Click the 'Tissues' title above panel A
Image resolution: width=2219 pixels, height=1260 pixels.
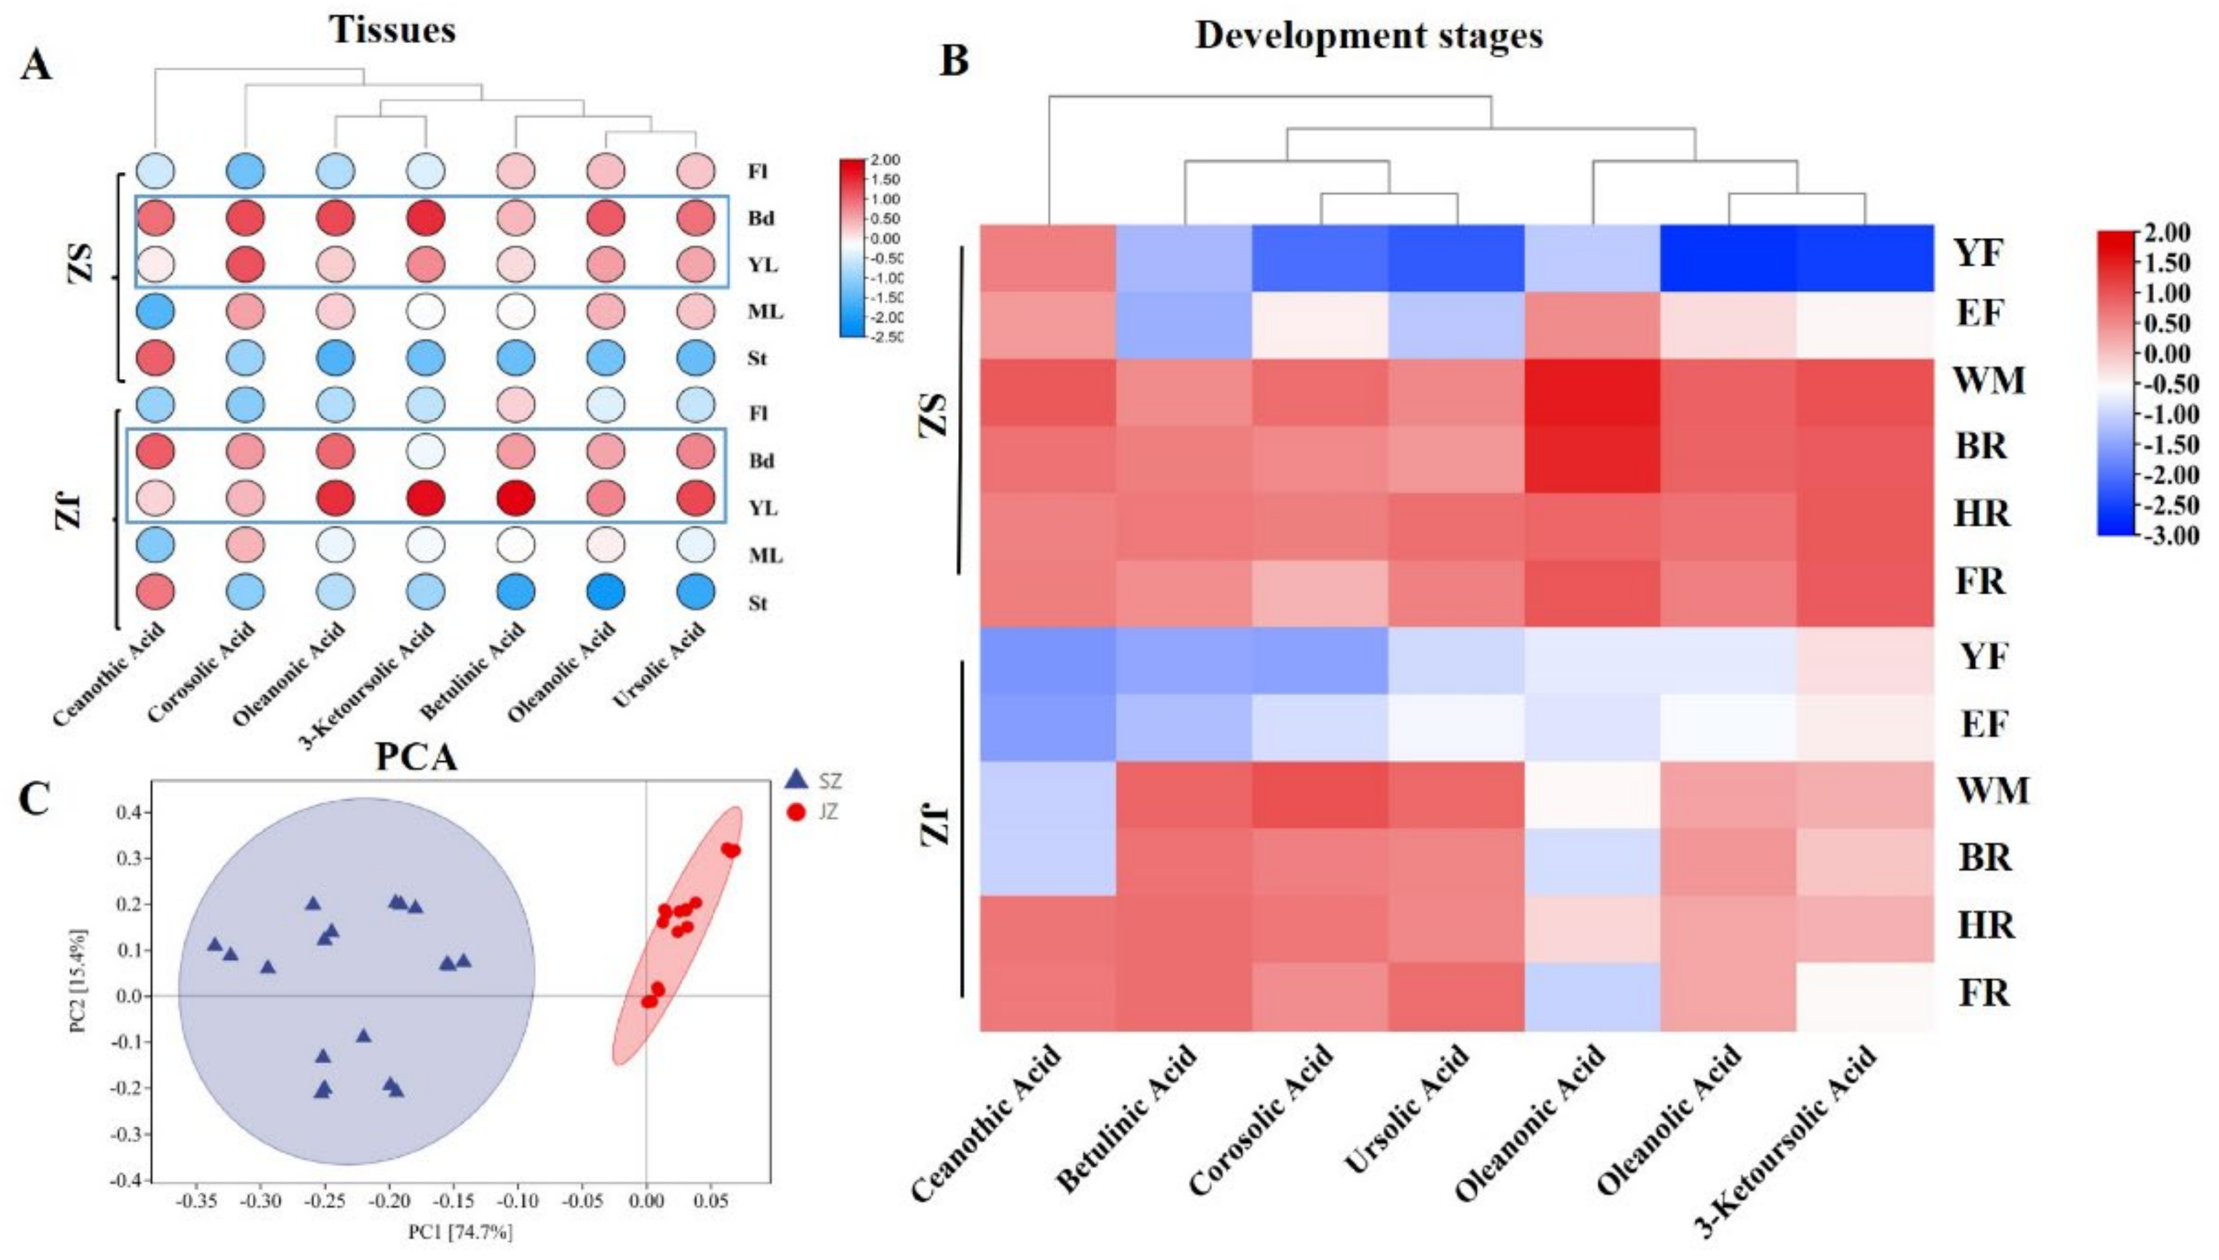tap(392, 30)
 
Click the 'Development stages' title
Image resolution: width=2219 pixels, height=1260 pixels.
tap(1368, 36)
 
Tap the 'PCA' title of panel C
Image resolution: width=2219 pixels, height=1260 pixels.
tap(416, 757)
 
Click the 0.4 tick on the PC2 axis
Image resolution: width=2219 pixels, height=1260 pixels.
tap(136, 812)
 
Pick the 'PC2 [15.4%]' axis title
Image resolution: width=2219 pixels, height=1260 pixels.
tap(79, 982)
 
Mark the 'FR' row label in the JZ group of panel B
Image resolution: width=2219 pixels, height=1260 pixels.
tap(1985, 993)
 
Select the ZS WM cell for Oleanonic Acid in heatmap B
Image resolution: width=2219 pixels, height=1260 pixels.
tap(1592, 392)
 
